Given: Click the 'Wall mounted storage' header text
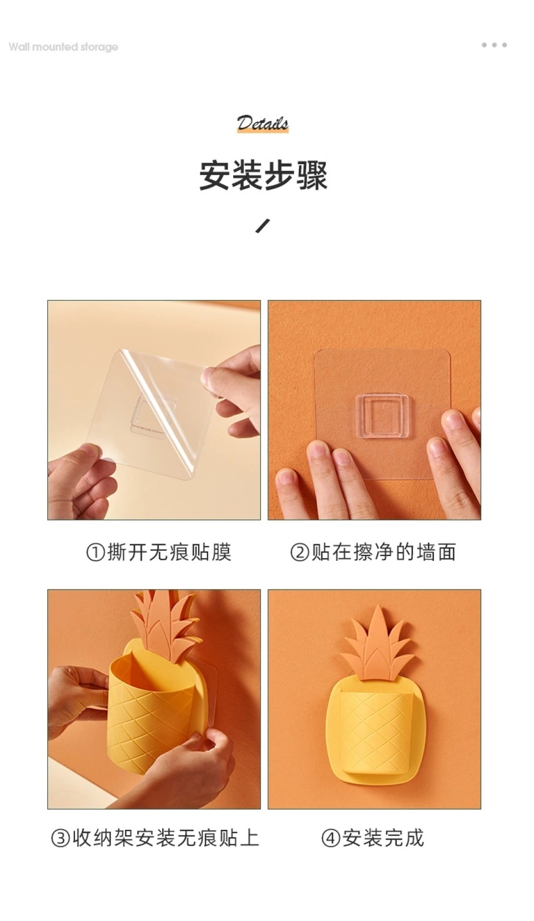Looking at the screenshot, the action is pyautogui.click(x=63, y=47).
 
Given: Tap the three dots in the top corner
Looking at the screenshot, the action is pyautogui.click(x=494, y=45).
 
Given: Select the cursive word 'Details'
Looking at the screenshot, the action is pyautogui.click(x=262, y=124).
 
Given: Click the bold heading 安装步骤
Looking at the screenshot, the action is pyautogui.click(x=263, y=176).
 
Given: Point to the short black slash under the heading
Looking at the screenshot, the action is pyautogui.click(x=263, y=226).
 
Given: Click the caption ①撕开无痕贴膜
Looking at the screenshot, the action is pyautogui.click(x=159, y=552).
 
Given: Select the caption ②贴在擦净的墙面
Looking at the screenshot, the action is pyautogui.click(x=373, y=552).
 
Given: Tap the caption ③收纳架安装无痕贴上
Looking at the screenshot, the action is pyautogui.click(x=155, y=838).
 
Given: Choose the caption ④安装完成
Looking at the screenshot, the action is pyautogui.click(x=373, y=838).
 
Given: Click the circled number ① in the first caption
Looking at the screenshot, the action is pyautogui.click(x=95, y=552).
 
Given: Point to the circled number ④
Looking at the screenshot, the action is pyautogui.click(x=331, y=838).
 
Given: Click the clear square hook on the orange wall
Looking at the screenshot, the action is pyautogui.click(x=382, y=415).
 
